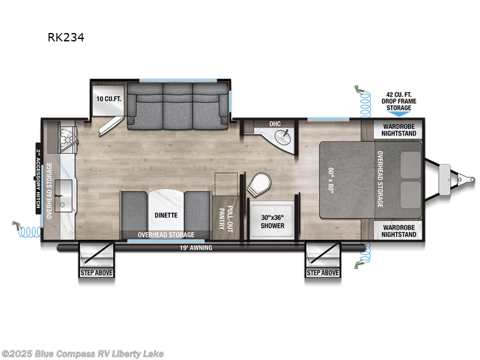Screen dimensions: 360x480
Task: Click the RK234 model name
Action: (x=67, y=37)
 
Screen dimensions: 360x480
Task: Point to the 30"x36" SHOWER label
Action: (x=273, y=222)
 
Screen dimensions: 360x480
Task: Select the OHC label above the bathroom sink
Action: (x=275, y=124)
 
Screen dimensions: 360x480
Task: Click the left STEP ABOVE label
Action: (x=97, y=273)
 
